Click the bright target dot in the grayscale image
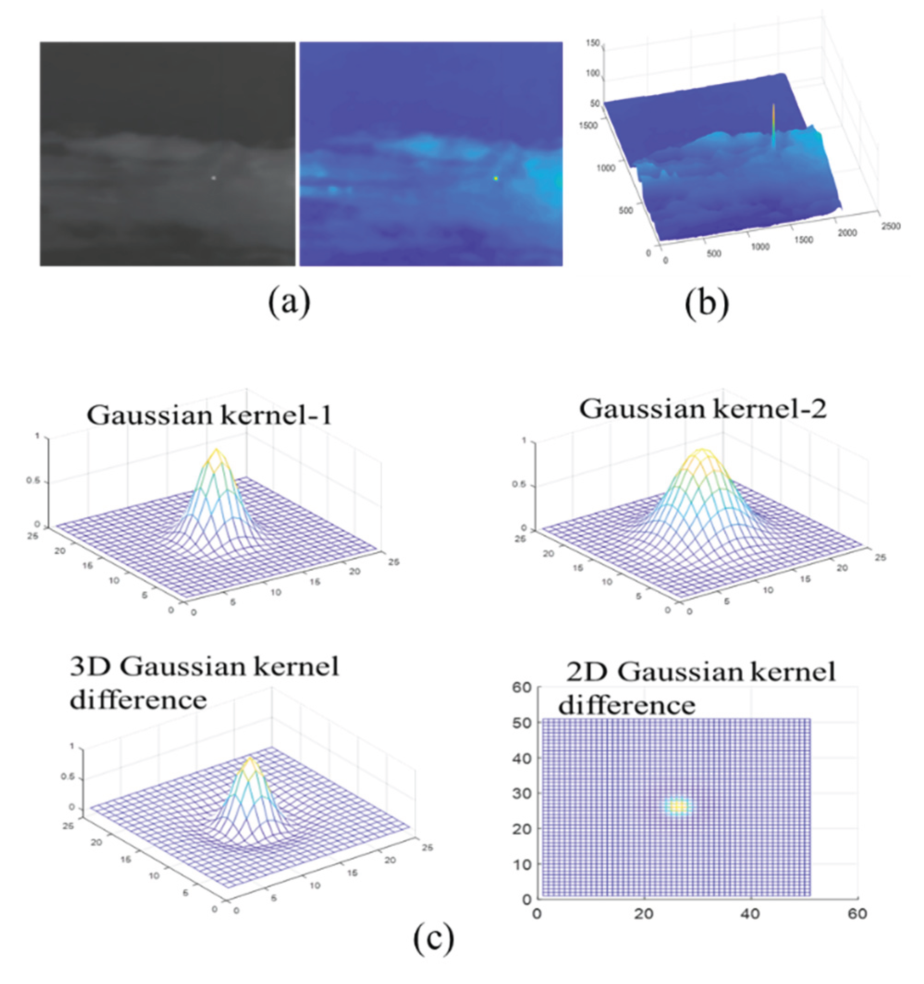coord(214,177)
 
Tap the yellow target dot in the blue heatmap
coord(496,178)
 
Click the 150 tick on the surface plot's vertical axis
coord(593,43)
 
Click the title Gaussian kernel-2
coord(703,409)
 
